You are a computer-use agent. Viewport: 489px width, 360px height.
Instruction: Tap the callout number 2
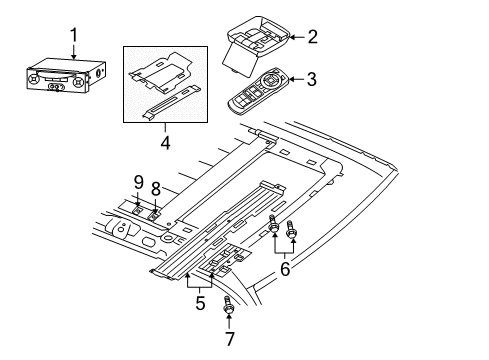(x=311, y=37)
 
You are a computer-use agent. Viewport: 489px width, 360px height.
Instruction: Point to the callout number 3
(x=311, y=78)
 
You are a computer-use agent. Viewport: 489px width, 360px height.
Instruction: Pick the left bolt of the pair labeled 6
(x=274, y=232)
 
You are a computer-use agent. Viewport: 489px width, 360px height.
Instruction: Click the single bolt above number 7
(x=229, y=309)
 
